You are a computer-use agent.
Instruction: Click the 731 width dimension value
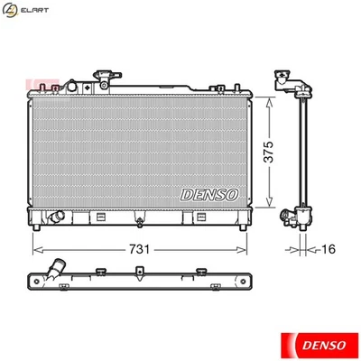pos(139,246)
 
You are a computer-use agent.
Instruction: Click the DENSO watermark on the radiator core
pos(209,193)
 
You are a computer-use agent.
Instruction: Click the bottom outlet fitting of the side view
pos(295,217)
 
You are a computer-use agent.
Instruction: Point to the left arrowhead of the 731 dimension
pos(35,246)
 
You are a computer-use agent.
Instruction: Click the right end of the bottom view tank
pos(245,282)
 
